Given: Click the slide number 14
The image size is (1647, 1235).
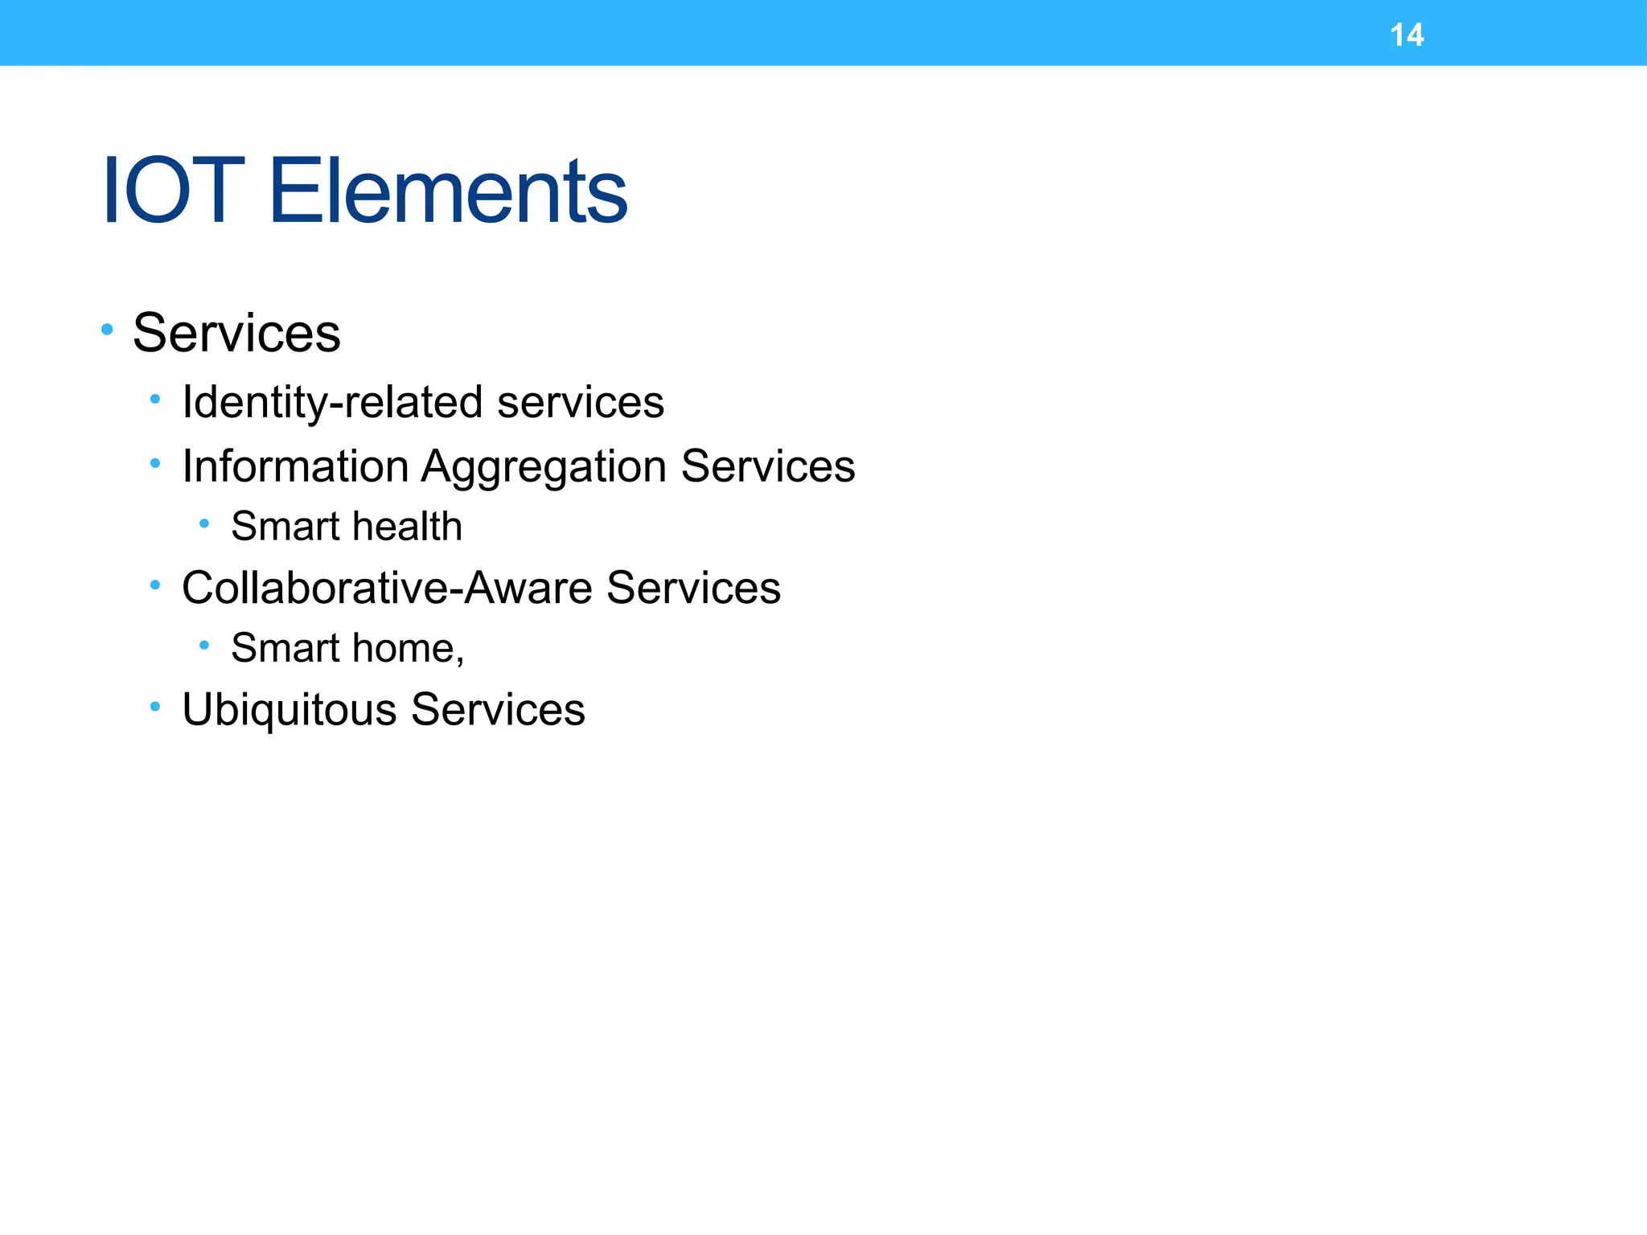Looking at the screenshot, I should pyautogui.click(x=1407, y=35).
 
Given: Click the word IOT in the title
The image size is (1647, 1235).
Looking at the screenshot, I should pyautogui.click(x=173, y=191).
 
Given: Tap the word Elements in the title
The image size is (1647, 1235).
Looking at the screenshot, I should pyautogui.click(x=447, y=191).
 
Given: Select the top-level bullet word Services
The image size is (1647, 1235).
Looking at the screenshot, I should pyautogui.click(x=236, y=333).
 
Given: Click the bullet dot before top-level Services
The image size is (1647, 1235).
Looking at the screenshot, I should pyautogui.click(x=107, y=329).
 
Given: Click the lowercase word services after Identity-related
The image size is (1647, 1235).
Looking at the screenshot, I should pyautogui.click(x=580, y=402).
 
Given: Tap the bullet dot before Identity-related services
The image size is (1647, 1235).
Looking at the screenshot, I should pyautogui.click(x=155, y=398).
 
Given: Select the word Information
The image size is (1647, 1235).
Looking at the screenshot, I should pyautogui.click(x=295, y=466).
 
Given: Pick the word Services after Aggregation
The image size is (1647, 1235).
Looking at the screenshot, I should pyautogui.click(x=767, y=466).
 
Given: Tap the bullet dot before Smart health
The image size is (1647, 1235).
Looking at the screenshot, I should pyautogui.click(x=204, y=523).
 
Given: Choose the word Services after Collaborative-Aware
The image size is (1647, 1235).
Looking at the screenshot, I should pyautogui.click(x=693, y=588).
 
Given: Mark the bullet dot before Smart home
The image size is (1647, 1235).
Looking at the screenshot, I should pyautogui.click(x=204, y=645).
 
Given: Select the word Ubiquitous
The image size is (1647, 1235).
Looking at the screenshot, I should pyautogui.click(x=290, y=710).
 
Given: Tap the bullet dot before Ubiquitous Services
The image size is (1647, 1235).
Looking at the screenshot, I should pyautogui.click(x=155, y=706).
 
